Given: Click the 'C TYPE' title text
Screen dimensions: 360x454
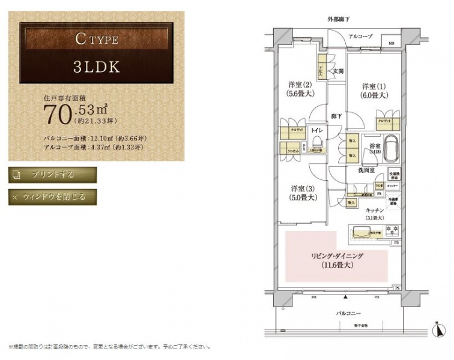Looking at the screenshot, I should tap(96, 40).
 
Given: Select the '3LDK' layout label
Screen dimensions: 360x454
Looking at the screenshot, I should tap(96, 66).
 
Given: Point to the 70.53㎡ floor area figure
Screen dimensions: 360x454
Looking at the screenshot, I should tap(76, 112).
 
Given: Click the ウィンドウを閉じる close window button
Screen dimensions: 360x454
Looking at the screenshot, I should tap(52, 197).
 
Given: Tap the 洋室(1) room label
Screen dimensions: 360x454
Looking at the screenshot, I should tap(376, 90).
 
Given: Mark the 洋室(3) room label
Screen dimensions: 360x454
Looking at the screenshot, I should tap(298, 191).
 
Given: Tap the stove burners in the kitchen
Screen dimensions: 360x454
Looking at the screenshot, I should tap(392, 230).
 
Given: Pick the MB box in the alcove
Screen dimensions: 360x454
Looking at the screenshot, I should tap(391, 43).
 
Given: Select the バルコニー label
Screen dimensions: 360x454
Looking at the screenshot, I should tap(344, 314).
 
